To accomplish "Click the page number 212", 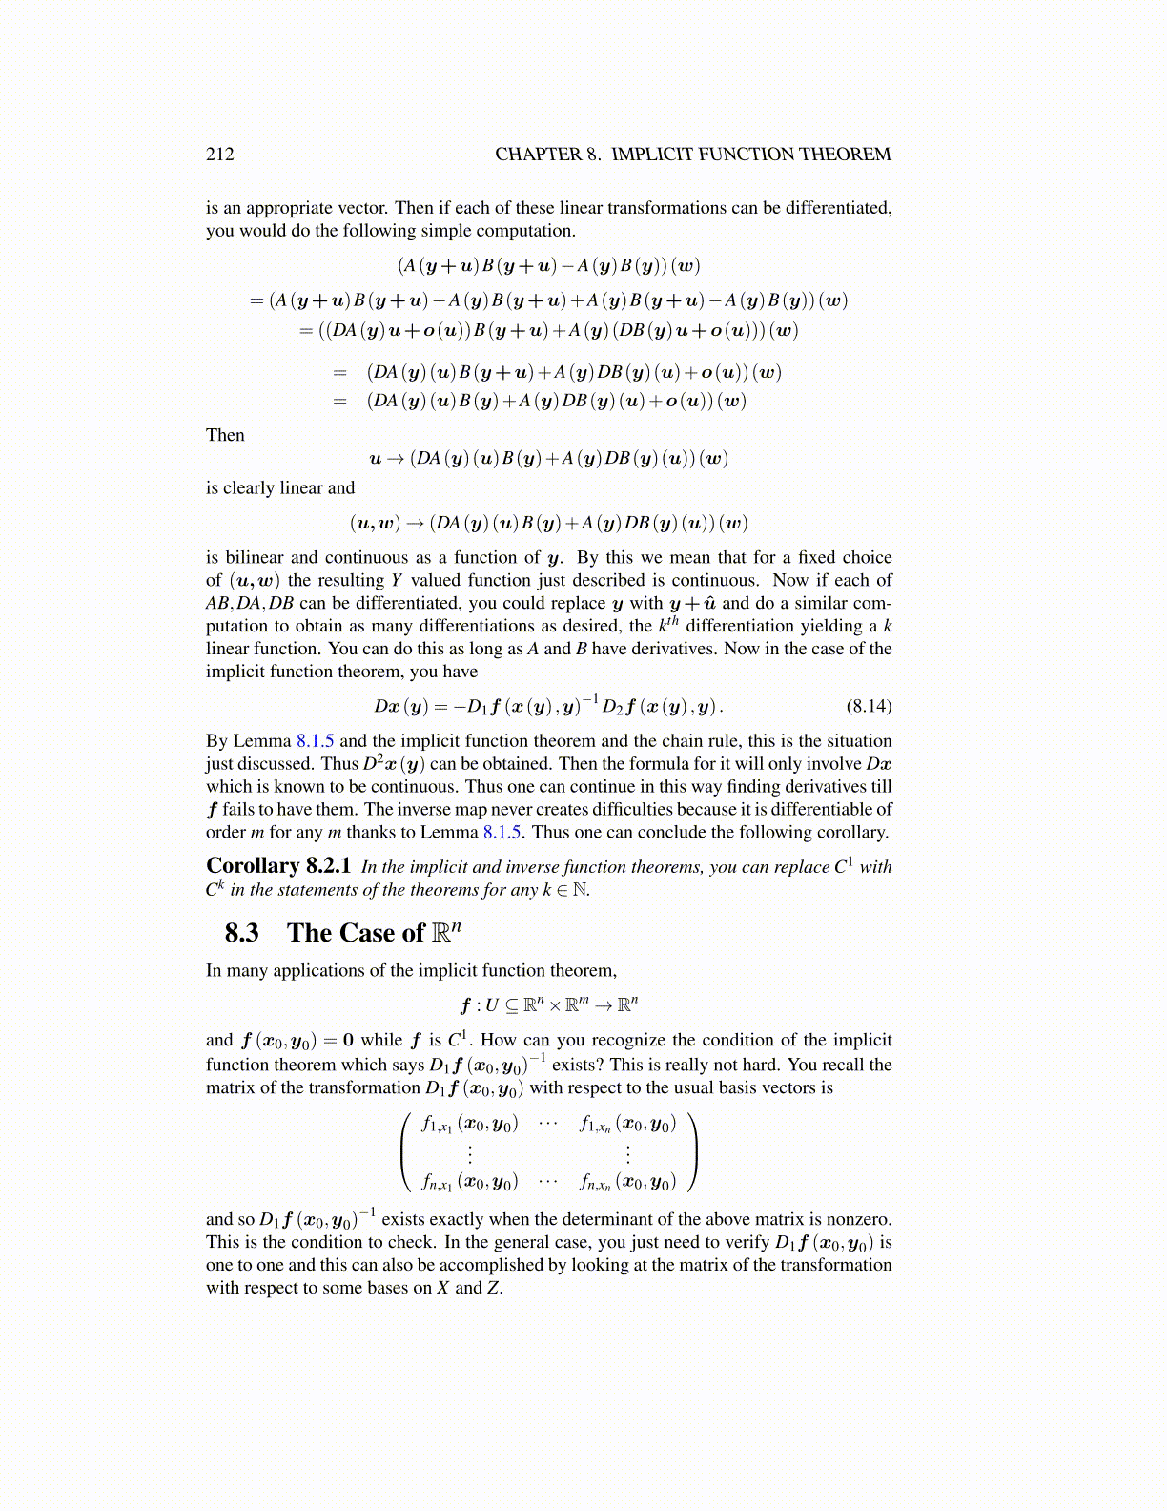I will [x=219, y=155].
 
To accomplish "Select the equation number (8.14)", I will [x=869, y=706].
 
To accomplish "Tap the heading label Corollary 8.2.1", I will [x=278, y=865].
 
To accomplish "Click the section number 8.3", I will [x=242, y=932].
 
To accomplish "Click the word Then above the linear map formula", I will [x=225, y=435].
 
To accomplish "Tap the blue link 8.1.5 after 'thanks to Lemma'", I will [x=502, y=832].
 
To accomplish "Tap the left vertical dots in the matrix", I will [x=469, y=1154].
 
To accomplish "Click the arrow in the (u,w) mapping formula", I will [x=417, y=523].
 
